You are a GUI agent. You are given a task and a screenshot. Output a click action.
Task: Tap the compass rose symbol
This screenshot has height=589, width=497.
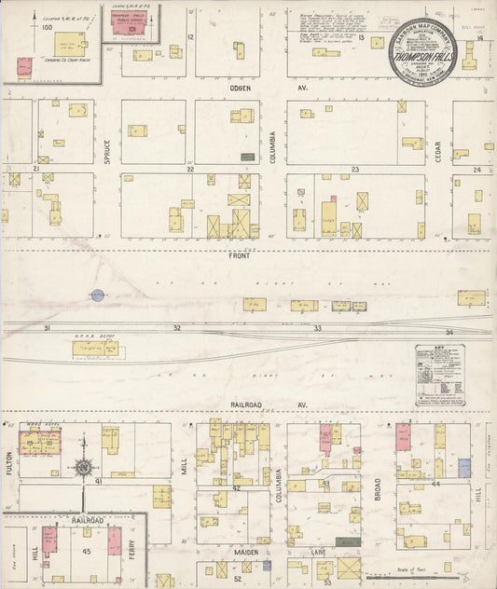(84, 467)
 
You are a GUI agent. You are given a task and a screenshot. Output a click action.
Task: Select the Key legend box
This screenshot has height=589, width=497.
(439, 375)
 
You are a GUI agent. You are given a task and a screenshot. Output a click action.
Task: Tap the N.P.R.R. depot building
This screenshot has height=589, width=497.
(95, 349)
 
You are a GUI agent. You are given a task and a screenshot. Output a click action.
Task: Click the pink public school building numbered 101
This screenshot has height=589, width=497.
(122, 27)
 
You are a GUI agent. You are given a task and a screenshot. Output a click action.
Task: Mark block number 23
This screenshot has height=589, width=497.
(355, 170)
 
